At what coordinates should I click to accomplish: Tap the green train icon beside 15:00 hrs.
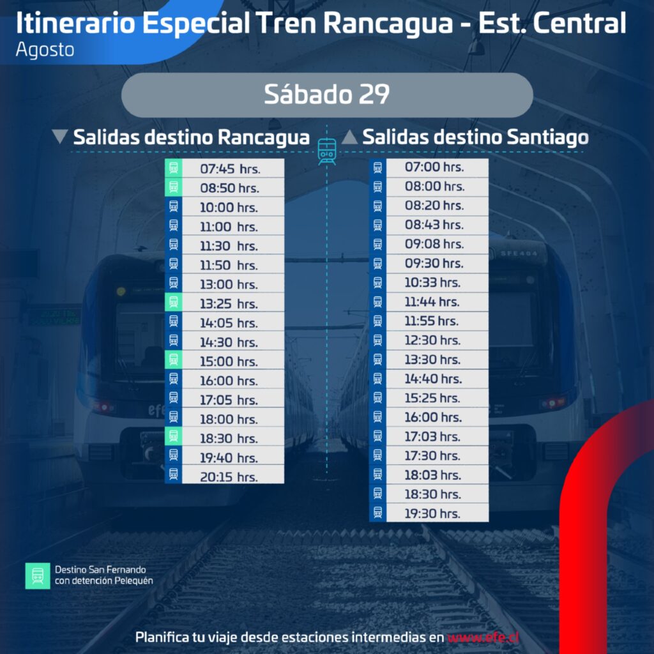click(174, 360)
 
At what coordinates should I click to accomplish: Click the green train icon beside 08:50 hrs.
click(174, 187)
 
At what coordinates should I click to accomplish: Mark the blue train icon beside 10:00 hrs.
click(174, 206)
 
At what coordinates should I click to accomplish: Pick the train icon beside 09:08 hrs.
click(378, 245)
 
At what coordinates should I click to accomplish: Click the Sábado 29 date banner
click(327, 95)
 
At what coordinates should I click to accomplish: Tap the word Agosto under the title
click(45, 50)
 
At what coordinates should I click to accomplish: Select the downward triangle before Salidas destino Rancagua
click(60, 137)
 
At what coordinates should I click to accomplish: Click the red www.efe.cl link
click(483, 637)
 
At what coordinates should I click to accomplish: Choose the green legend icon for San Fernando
click(38, 575)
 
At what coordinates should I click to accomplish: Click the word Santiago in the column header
click(547, 137)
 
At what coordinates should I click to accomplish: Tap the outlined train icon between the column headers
click(327, 151)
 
